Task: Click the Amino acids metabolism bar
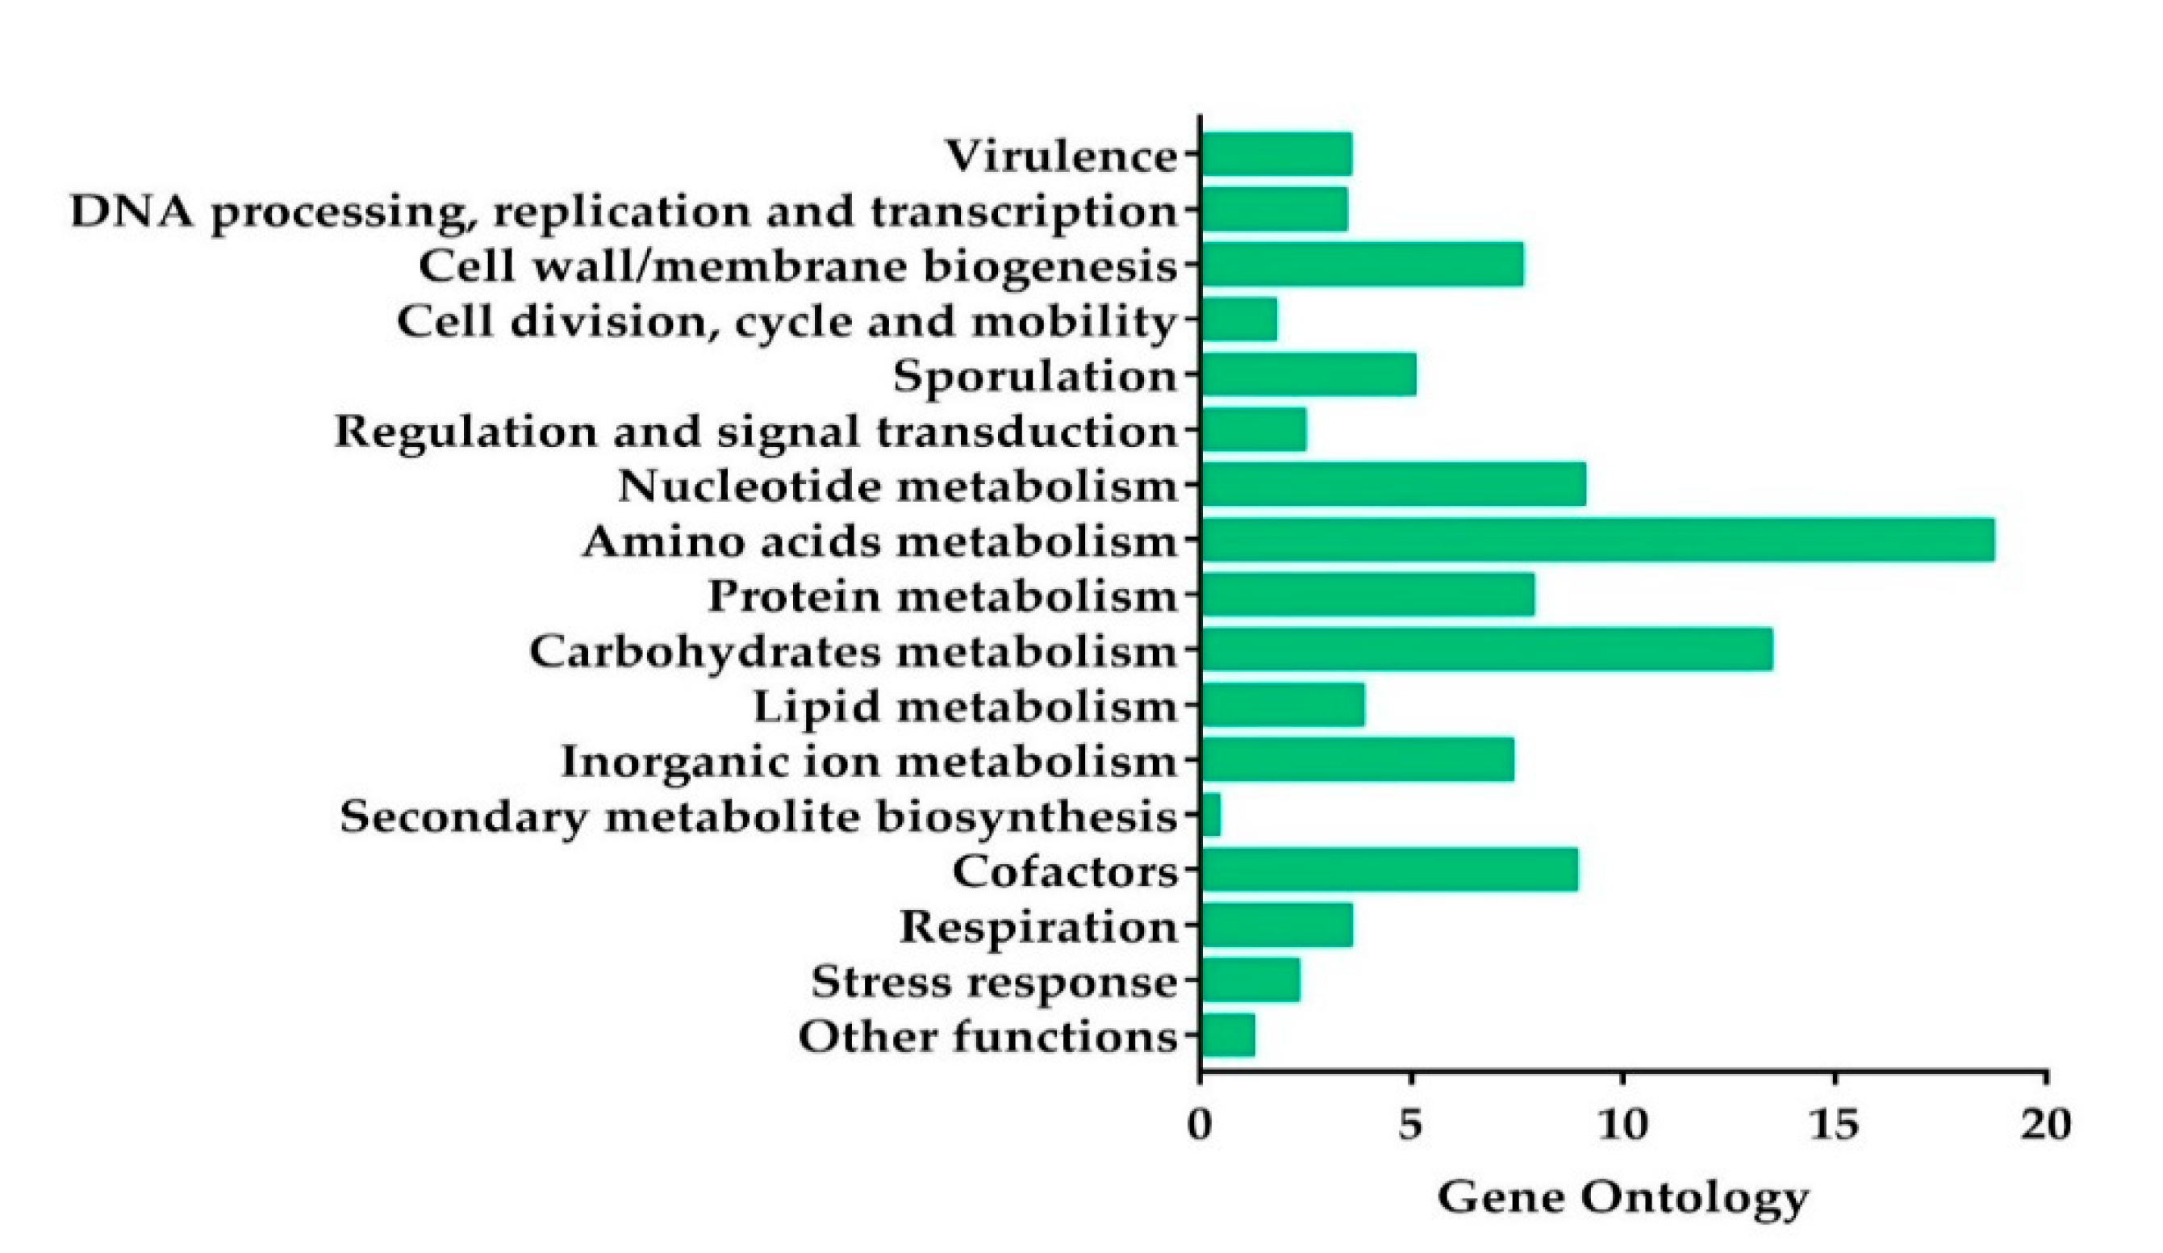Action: (x=1597, y=540)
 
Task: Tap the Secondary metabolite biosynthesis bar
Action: (x=1211, y=814)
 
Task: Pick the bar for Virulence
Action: (x=1276, y=154)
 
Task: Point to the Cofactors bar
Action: (x=1388, y=870)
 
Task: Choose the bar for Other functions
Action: (x=1228, y=1035)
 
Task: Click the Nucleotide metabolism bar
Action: (x=1393, y=485)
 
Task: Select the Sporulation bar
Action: (x=1309, y=375)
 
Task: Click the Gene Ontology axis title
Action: (x=1623, y=1198)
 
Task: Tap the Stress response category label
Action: (x=994, y=981)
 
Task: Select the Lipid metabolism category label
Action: (x=965, y=706)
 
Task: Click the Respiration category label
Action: (x=1038, y=927)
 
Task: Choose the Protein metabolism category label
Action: (x=942, y=595)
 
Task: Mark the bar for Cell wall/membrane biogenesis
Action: (x=1362, y=265)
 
